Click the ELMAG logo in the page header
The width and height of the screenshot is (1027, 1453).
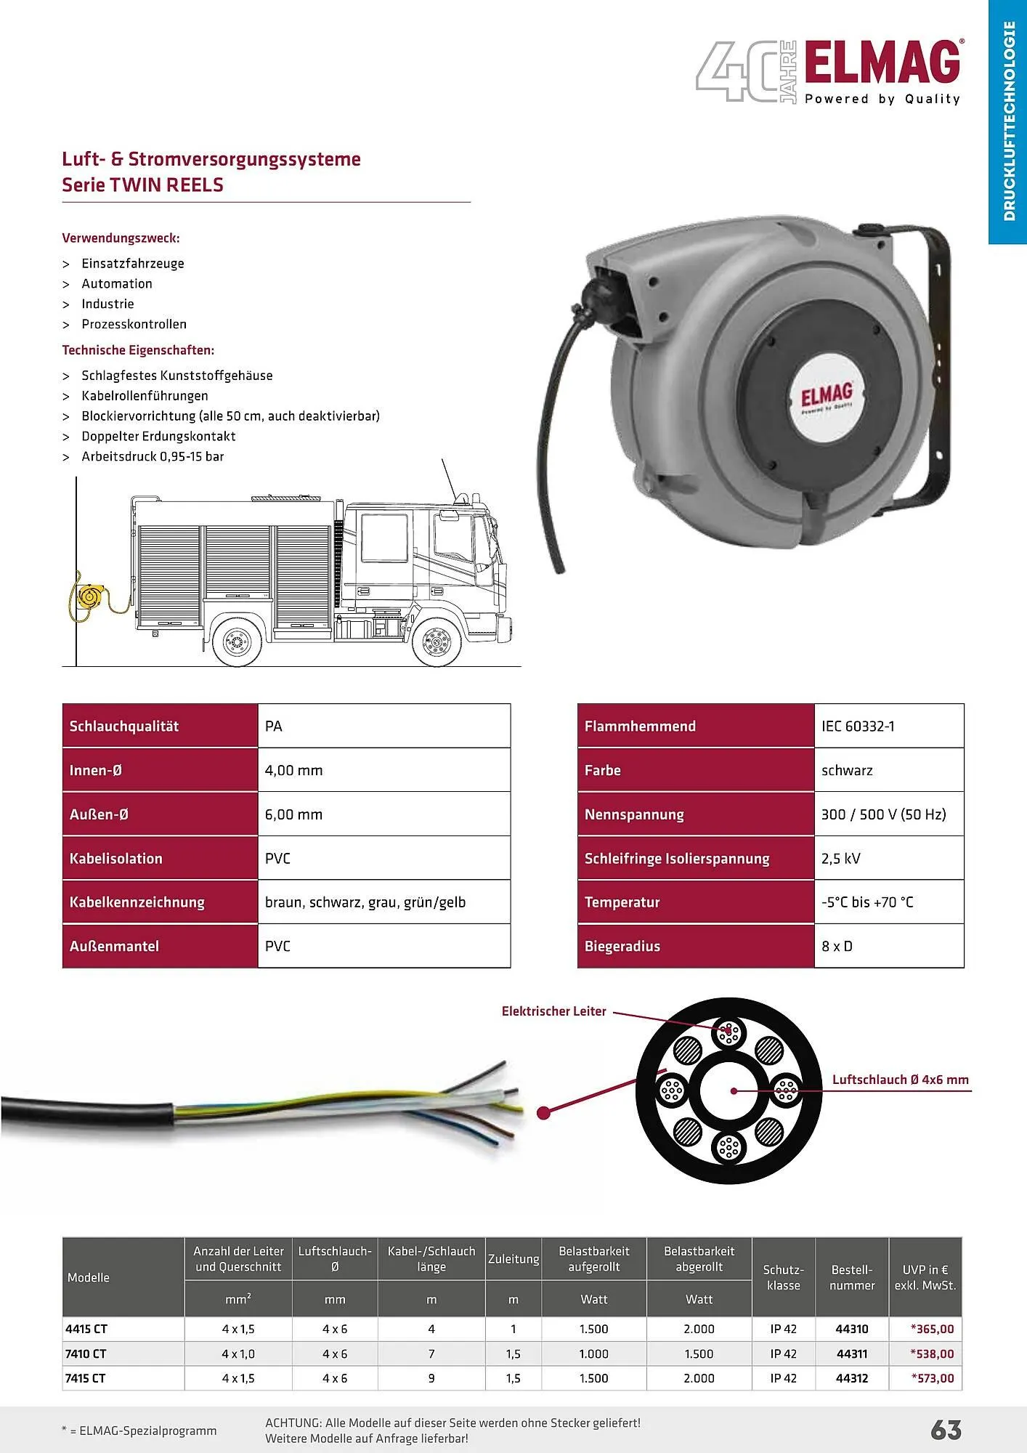[x=882, y=64]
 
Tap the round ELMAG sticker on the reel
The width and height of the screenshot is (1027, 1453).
[x=827, y=400]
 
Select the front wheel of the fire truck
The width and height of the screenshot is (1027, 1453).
[x=437, y=642]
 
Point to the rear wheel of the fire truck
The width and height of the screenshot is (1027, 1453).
[x=237, y=642]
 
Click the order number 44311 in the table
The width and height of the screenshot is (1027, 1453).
[x=852, y=1353]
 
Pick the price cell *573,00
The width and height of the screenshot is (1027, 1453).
[x=933, y=1378]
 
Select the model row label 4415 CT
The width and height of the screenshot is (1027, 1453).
[x=86, y=1329]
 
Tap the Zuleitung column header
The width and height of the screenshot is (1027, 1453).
[x=513, y=1259]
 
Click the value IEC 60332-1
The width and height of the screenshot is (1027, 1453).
[x=858, y=726]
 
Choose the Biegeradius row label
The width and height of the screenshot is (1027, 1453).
[x=622, y=946]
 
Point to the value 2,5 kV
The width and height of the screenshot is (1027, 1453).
[x=840, y=858]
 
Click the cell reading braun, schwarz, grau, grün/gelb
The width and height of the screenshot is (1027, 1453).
[x=365, y=902]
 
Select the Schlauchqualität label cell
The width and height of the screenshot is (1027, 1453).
[x=124, y=726]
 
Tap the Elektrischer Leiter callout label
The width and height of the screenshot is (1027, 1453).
[x=553, y=1011]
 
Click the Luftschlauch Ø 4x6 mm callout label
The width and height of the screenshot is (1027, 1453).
[x=900, y=1080]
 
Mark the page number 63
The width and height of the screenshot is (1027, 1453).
[x=946, y=1430]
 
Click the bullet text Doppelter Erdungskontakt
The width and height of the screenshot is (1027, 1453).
[x=158, y=436]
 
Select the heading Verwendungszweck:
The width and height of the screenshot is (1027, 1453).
[x=121, y=238]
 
